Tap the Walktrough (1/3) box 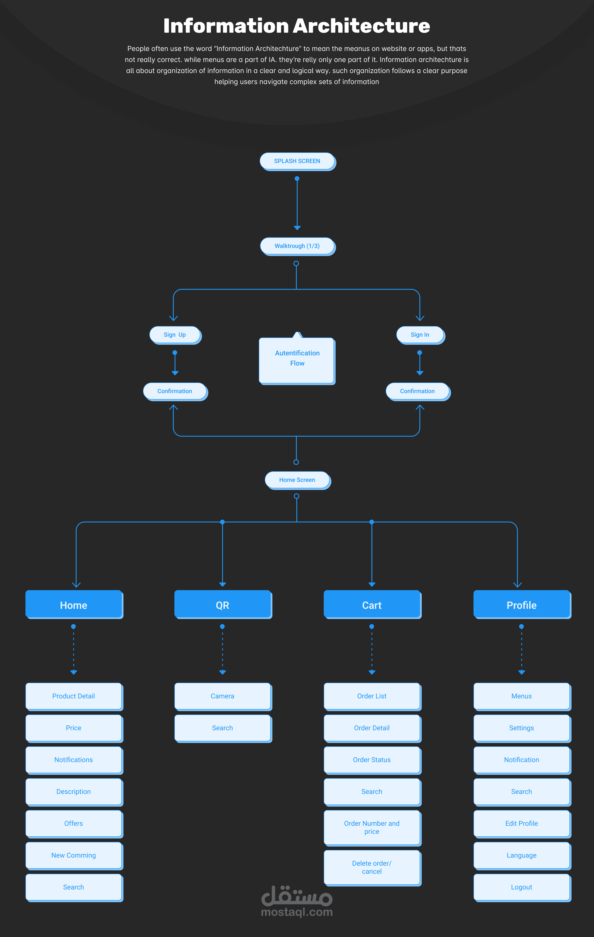[x=297, y=246]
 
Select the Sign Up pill [x=175, y=335]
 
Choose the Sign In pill [x=421, y=335]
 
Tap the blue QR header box [x=223, y=605]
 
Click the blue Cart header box [x=372, y=605]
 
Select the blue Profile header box [x=522, y=605]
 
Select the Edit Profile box [x=522, y=824]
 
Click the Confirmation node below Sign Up [x=175, y=391]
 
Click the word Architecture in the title [x=361, y=26]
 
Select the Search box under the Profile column [x=522, y=792]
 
